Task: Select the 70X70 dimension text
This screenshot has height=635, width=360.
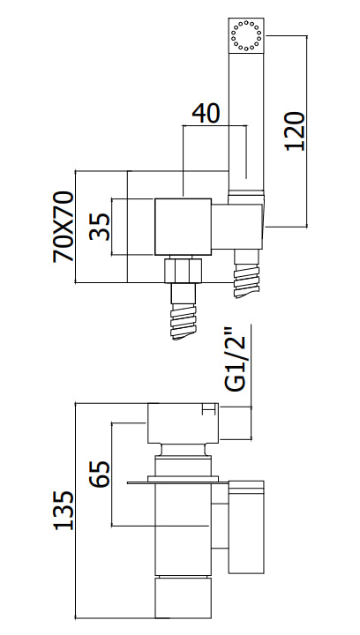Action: pyautogui.click(x=64, y=227)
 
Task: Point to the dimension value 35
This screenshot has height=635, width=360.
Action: pyautogui.click(x=100, y=227)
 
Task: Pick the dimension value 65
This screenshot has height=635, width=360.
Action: pyautogui.click(x=100, y=474)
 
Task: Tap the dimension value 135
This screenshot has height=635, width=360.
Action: pyautogui.click(x=64, y=511)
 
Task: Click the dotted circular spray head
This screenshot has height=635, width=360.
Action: pyautogui.click(x=246, y=35)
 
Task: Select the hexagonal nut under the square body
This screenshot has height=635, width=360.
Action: pyautogui.click(x=183, y=271)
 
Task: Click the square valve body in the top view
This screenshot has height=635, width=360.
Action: pyautogui.click(x=184, y=227)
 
